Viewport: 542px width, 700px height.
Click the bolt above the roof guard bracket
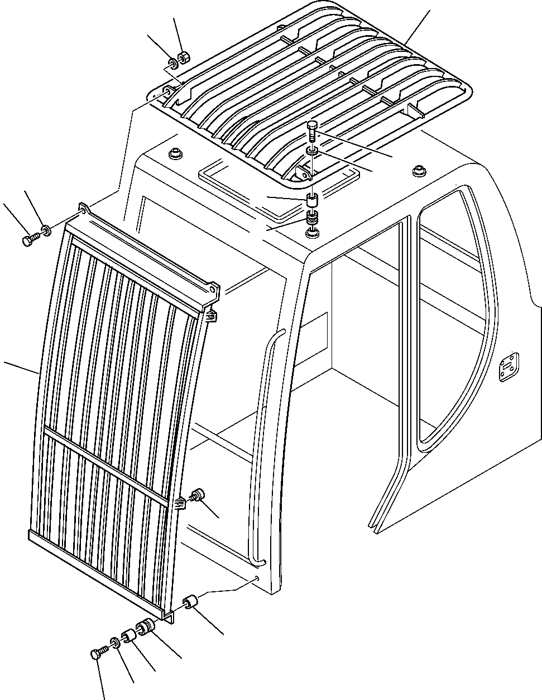[312, 130]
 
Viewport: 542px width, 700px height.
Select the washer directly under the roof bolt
[313, 151]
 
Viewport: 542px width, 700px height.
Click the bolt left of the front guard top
[28, 240]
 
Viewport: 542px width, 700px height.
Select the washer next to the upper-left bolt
[46, 228]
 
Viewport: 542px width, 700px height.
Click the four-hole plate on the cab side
[509, 369]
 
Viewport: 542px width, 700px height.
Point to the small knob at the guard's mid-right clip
[196, 494]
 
